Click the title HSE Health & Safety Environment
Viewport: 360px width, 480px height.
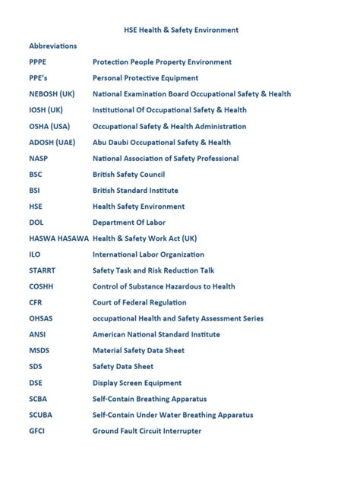181,30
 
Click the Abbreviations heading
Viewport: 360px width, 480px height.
52,46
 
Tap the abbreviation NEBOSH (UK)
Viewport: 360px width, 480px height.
52,94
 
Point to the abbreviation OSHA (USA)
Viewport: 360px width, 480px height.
49,126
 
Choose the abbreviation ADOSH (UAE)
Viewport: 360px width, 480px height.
52,142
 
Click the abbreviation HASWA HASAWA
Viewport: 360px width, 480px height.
58,238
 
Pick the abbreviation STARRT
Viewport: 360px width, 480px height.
42,270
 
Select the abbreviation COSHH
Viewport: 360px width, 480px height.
41,286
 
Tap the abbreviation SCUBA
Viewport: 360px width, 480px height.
40,415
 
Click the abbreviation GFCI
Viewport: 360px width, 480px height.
37,431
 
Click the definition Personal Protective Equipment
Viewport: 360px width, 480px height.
145,78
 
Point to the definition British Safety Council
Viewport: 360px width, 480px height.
128,175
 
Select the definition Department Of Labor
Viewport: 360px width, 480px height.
128,223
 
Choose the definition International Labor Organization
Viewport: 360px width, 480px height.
148,254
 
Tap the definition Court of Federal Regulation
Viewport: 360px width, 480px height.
139,302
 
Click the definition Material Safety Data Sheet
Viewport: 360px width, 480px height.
138,350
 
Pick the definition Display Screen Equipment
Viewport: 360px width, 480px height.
137,383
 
